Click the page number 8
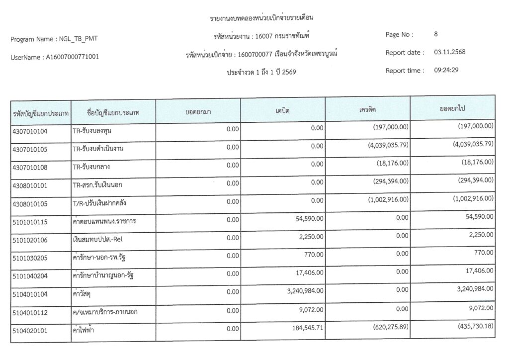coord(436,34)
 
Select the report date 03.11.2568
coord(449,52)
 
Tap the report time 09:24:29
coord(446,70)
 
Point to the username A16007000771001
coord(72,57)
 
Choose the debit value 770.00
coord(313,254)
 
